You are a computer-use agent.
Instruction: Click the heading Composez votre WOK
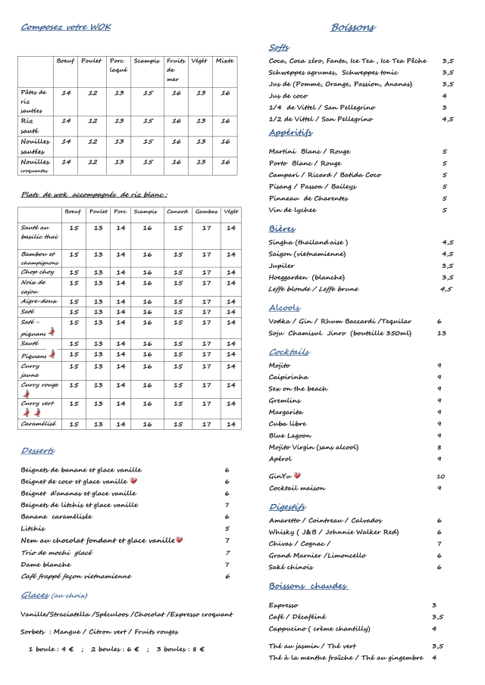pos(65,27)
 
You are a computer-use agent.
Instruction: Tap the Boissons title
pos(352,27)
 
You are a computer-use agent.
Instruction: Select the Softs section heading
pos(279,47)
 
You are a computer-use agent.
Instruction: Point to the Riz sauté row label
pos(29,124)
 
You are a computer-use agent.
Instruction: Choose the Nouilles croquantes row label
pos(34,165)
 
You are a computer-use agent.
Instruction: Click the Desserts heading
pos(38,451)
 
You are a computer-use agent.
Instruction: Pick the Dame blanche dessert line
pos(46,564)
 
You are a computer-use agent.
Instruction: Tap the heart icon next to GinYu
pos(297,475)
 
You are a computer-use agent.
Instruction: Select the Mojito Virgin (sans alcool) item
pos(314,447)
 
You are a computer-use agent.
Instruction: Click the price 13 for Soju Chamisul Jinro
pos(441,332)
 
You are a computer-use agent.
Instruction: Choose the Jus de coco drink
pos(288,96)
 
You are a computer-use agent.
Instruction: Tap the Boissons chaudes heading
pos(308,586)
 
